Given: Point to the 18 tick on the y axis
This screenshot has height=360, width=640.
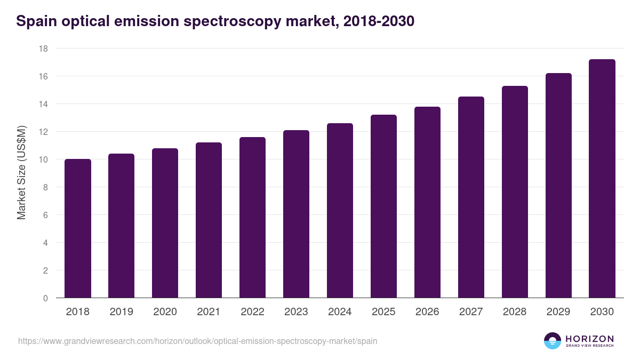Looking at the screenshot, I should point(43,49).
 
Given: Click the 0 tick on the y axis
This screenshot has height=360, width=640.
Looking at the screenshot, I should point(45,298).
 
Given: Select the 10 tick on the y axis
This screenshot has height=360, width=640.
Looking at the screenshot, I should point(43,159).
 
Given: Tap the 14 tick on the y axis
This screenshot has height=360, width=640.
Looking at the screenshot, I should point(43,104).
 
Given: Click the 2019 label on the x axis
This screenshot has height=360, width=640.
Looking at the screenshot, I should point(121,312).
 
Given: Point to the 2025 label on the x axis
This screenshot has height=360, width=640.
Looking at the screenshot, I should point(383,312).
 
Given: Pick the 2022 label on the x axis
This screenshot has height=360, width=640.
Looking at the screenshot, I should point(252,312).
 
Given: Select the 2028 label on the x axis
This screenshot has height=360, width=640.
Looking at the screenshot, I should point(515,312).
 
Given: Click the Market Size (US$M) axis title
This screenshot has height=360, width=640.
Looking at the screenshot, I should point(21,173).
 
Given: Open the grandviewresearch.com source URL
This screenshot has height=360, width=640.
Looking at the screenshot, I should point(197,341).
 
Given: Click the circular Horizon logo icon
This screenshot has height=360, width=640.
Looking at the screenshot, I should point(553,341).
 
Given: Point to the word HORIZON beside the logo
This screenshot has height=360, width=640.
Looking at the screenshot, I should point(589,339).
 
